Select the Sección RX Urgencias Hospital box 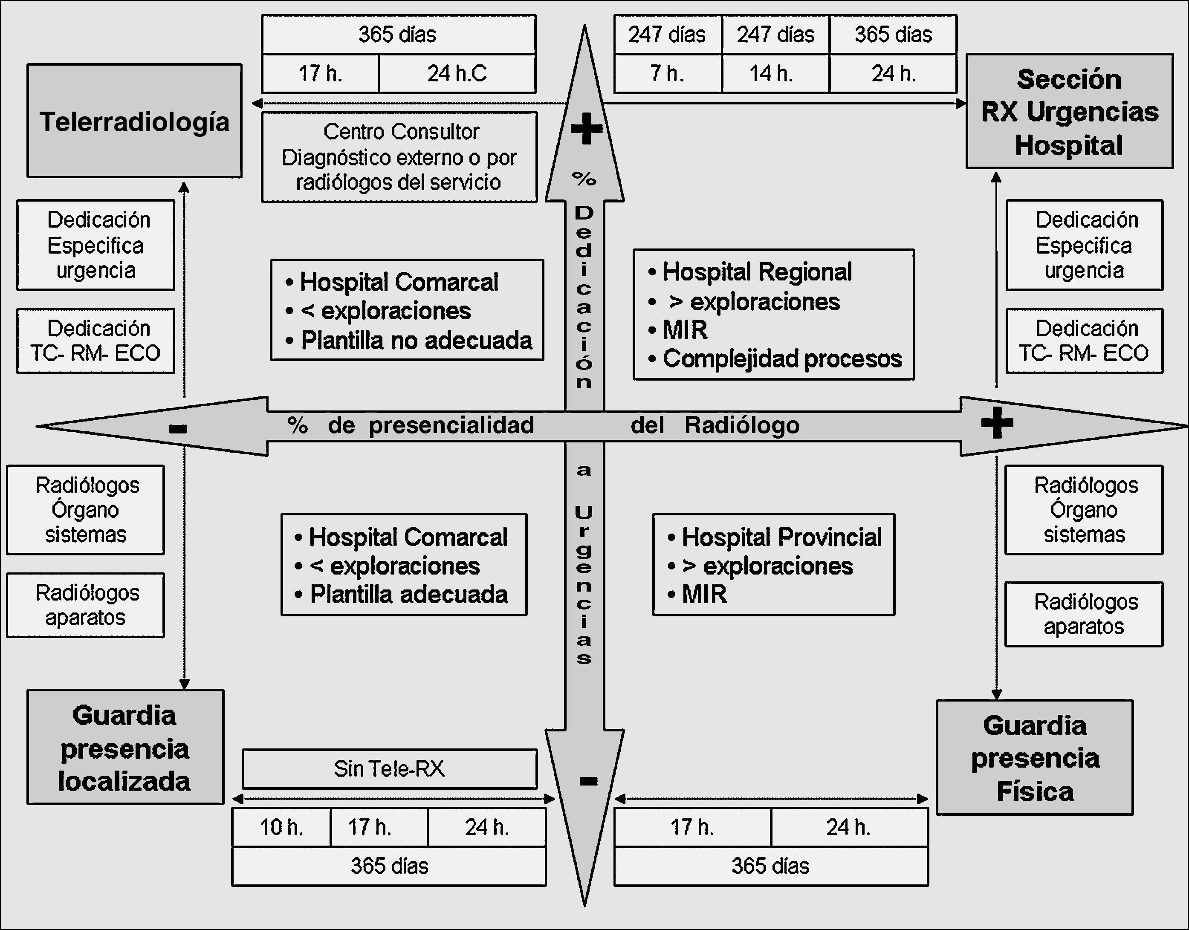[x=1069, y=112]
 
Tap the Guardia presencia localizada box [x=125, y=747]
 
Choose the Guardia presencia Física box [x=1034, y=757]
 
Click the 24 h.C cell [x=457, y=73]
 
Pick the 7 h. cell [x=667, y=73]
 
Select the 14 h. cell [x=775, y=73]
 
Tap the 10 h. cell [x=281, y=827]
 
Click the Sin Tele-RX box [x=389, y=769]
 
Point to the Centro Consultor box [x=399, y=157]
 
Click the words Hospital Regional [x=757, y=271]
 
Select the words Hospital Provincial [x=781, y=537]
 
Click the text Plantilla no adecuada [x=417, y=340]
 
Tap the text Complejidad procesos [x=782, y=359]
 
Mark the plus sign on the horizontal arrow [x=997, y=423]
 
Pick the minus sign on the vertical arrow [x=588, y=781]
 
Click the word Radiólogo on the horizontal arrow [x=742, y=425]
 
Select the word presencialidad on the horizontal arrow [x=451, y=425]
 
